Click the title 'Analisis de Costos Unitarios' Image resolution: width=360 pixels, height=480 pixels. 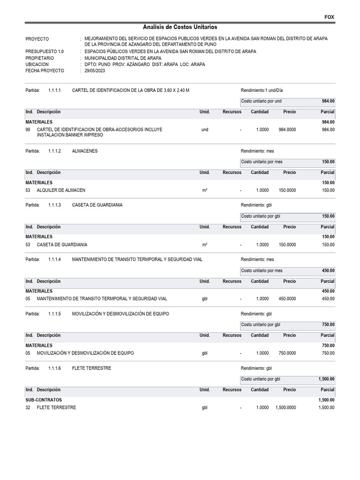180,27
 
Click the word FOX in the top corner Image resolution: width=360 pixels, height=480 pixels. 330,17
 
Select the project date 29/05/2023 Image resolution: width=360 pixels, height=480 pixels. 95,71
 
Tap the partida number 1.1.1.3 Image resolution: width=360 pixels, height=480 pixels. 54,205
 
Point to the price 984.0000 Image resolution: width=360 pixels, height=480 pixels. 287,129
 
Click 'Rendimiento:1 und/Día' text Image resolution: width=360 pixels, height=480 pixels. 262,90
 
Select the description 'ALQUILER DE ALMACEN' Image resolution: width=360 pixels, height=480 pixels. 61,190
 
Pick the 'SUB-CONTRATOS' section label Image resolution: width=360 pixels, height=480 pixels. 44,400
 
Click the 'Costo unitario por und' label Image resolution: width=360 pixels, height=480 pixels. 262,101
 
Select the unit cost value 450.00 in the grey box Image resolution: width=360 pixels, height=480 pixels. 328,271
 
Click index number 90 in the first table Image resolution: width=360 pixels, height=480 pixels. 28,129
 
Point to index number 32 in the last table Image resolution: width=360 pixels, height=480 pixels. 28,408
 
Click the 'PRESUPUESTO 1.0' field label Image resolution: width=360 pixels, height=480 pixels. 45,52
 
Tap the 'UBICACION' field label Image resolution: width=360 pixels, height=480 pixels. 37,64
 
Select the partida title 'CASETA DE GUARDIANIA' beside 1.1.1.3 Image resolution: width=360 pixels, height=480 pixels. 97,205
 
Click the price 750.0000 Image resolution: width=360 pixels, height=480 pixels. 287,353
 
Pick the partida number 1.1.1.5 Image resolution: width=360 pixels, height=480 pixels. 54,314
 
